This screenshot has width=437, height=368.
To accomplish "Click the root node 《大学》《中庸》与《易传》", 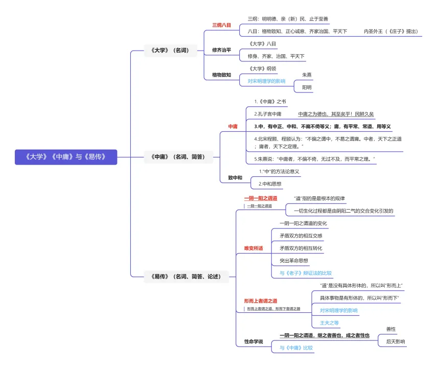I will pyautogui.click(x=66, y=157).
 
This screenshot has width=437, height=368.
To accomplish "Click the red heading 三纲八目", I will pyautogui.click(x=221, y=25).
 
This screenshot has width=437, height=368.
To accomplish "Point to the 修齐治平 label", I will pyautogui.click(x=221, y=50).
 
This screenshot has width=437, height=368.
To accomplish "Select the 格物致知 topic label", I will pyautogui.click(x=221, y=75).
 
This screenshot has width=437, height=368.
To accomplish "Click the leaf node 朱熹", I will pyautogui.click(x=307, y=75).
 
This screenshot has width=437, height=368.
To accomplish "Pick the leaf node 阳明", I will pyautogui.click(x=307, y=87).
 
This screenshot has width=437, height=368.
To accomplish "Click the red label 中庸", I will pyautogui.click(x=233, y=126).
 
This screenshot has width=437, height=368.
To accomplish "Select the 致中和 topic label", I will pyautogui.click(x=235, y=178).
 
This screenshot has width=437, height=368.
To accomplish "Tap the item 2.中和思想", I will pyautogui.click(x=270, y=183).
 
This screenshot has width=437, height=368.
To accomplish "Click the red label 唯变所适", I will pyautogui.click(x=253, y=248).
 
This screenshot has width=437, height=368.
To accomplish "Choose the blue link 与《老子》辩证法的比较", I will pyautogui.click(x=305, y=273).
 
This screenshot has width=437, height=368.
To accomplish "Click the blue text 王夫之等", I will pyautogui.click(x=329, y=323).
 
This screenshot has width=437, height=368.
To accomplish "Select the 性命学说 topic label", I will pyautogui.click(x=253, y=341).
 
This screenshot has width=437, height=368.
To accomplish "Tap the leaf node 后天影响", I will pyautogui.click(x=395, y=341).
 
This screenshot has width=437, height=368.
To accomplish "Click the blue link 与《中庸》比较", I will pyautogui.click(x=296, y=348).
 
